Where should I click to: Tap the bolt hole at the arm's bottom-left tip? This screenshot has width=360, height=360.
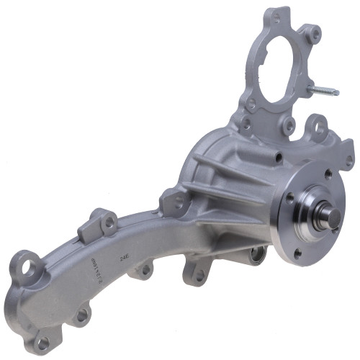click(x=42, y=341)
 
